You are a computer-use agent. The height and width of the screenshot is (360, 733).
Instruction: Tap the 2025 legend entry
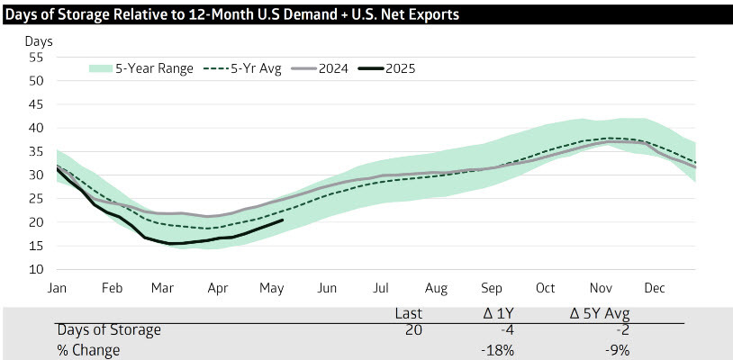[401, 67]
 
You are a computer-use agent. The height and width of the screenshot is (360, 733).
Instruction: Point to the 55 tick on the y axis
[36, 57]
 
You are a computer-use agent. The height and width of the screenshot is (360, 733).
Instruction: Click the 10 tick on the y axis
[36, 269]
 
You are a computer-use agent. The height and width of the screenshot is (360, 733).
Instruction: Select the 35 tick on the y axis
[36, 151]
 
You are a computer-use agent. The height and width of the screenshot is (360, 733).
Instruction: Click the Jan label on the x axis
[57, 290]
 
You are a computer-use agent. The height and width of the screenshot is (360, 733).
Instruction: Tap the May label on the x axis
[272, 290]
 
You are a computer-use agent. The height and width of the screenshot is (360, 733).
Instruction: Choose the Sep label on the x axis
[492, 290]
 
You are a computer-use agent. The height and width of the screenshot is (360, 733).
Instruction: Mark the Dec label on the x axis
[655, 290]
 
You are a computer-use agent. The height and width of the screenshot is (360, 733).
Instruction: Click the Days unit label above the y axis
[39, 41]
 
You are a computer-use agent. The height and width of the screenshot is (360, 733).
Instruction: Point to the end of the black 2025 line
[283, 220]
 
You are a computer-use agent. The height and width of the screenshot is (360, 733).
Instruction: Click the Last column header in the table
[410, 313]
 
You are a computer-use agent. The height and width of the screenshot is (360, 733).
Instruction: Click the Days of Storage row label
[109, 330]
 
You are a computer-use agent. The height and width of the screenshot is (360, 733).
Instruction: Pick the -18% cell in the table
[497, 350]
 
